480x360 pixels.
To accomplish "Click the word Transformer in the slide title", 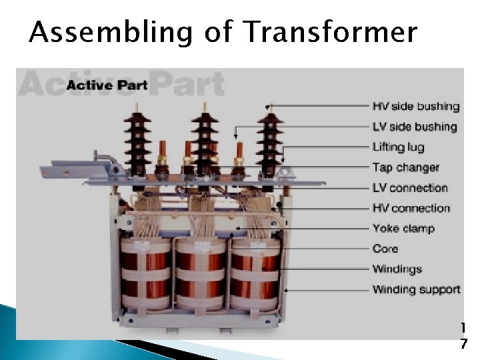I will tap(331, 32).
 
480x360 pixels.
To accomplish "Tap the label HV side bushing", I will tap(415, 106).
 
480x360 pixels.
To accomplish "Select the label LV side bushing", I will tap(414, 127).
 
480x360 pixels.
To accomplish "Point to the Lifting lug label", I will tap(398, 147).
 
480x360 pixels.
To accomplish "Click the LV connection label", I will tap(409, 188).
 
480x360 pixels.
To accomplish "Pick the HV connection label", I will tap(411, 208).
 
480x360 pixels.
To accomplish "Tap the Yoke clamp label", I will tap(403, 229).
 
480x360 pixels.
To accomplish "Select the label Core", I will tap(385, 249).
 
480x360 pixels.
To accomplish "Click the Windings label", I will tap(397, 269).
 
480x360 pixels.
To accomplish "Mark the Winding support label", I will tap(416, 289).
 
